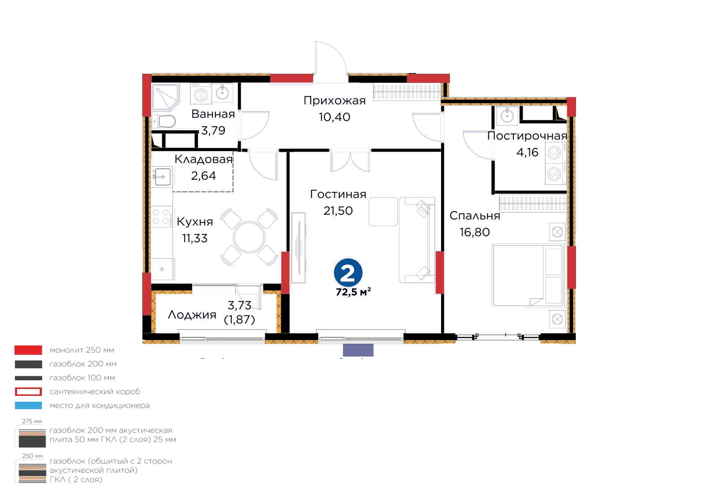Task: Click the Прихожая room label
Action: pos(334,101)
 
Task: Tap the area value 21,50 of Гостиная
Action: pos(338,211)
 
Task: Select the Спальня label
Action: pos(475,216)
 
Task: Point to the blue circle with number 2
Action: pos(348,273)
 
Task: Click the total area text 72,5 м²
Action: pos(353,292)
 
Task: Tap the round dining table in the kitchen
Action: pos(249,237)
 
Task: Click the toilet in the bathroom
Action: pos(164,121)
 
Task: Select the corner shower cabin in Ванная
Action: pos(165,97)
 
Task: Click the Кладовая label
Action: pos(204,159)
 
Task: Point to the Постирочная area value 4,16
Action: pos(527,152)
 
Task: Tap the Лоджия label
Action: pos(192,315)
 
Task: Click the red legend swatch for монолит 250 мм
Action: pos(28,350)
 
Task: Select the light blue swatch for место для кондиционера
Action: pos(28,406)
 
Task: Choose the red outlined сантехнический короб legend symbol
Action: pos(28,391)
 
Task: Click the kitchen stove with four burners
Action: pos(162,217)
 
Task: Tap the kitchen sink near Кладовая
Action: pos(162,177)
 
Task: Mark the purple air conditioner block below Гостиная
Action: pos(358,350)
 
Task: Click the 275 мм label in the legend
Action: pos(32,421)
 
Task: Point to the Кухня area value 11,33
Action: pos(195,239)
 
